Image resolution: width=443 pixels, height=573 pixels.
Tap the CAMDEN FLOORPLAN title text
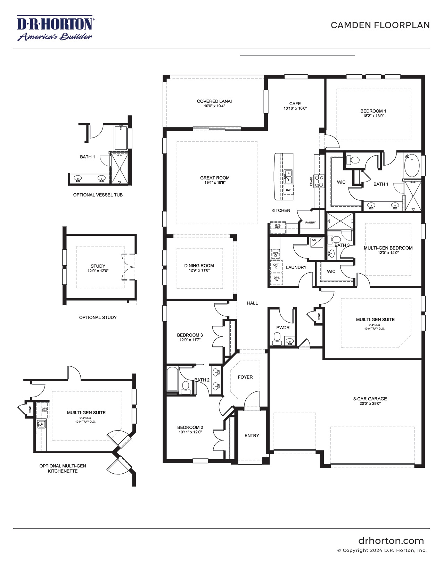click(380, 25)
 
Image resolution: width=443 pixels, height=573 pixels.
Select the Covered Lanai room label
click(214, 101)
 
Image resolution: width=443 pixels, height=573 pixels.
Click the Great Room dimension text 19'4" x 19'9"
click(215, 182)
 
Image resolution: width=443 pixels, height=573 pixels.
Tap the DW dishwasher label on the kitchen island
click(288, 190)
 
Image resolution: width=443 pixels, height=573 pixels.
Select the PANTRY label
click(310, 222)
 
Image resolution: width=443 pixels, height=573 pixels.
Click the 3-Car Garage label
click(370, 399)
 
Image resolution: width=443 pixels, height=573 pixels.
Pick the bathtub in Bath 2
click(172, 379)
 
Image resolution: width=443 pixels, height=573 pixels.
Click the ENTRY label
click(252, 435)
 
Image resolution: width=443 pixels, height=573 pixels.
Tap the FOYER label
click(245, 377)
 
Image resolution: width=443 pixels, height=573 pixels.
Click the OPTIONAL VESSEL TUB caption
click(98, 195)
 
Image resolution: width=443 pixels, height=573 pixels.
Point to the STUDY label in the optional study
click(98, 266)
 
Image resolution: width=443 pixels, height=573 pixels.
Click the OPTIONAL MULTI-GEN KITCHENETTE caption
click(63, 468)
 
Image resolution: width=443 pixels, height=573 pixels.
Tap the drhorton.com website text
click(391, 541)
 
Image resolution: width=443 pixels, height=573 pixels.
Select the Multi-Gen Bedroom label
click(388, 248)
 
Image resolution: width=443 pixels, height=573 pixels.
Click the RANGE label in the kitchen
click(312, 182)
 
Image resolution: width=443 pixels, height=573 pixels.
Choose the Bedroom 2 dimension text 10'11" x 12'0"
click(190, 432)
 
